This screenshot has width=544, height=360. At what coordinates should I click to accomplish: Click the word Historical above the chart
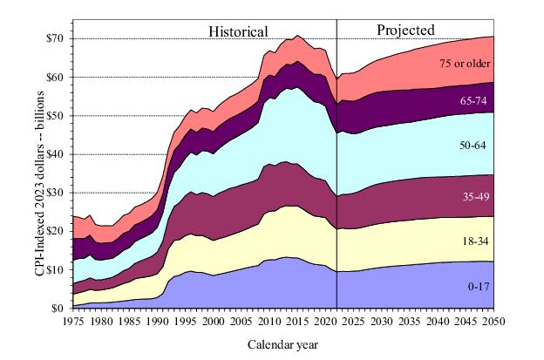click(237, 31)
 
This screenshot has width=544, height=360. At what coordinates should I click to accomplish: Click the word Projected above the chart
click(405, 30)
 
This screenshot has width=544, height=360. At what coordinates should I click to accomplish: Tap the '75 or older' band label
click(464, 64)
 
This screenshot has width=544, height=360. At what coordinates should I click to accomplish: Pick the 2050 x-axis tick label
click(494, 321)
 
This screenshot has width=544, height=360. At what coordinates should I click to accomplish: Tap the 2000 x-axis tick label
click(213, 321)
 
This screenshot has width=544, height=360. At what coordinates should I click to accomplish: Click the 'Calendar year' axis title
click(283, 343)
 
